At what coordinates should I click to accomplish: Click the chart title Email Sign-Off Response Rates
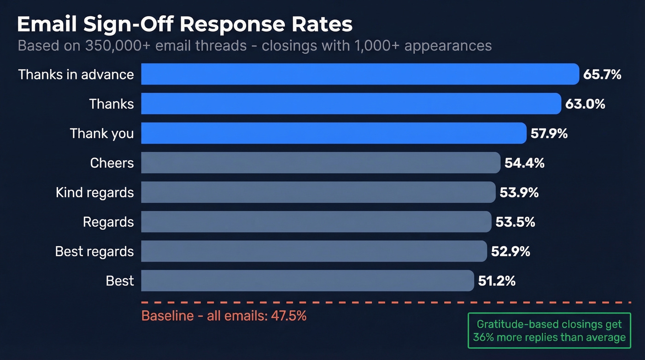184,24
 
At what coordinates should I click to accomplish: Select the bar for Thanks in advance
360,74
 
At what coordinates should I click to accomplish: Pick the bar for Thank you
334,133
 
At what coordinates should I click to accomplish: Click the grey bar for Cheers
321,163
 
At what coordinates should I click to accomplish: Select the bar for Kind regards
318,192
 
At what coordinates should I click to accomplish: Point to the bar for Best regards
314,251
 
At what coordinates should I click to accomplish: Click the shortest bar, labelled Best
307,281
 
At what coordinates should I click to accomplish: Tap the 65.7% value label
602,74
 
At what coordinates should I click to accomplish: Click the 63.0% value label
585,104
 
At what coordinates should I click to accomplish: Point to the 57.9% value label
549,133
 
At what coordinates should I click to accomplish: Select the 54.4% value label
524,163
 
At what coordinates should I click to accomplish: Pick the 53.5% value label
515,222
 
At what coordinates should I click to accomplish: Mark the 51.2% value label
497,281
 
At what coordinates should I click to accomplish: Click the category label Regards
108,222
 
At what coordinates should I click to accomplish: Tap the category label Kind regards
94,192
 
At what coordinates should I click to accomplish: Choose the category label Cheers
112,163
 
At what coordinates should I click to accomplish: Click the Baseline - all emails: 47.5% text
224,316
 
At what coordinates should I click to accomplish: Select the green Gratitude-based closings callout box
549,330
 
